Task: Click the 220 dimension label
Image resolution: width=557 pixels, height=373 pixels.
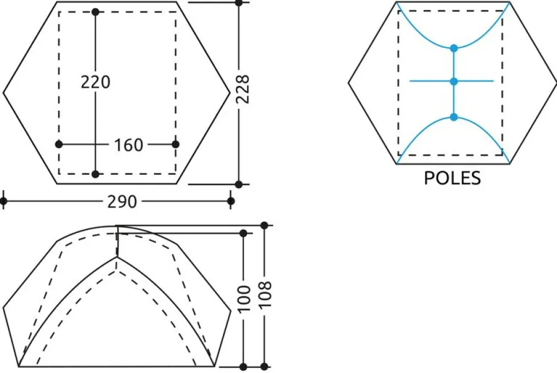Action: (x=95, y=82)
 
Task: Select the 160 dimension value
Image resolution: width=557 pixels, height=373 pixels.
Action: (x=128, y=145)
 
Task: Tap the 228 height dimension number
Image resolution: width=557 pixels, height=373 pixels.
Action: (x=243, y=89)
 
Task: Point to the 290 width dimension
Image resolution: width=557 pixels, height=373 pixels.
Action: (x=122, y=202)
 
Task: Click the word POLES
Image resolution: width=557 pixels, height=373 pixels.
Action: (x=452, y=178)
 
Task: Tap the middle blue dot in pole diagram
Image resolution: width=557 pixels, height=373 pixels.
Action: (x=454, y=82)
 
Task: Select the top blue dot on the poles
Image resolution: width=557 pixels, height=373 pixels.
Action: (x=454, y=48)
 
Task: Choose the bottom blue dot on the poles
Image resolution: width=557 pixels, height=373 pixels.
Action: (x=454, y=117)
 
